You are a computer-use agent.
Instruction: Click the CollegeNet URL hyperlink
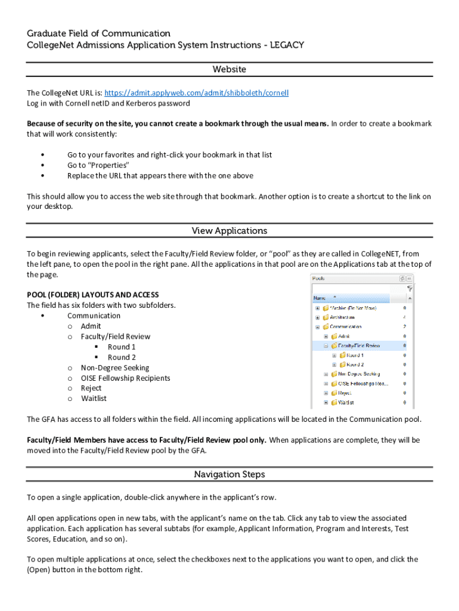point(196,93)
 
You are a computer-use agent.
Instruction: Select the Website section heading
point(229,70)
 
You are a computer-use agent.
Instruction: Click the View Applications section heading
point(229,231)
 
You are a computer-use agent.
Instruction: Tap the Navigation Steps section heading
point(229,475)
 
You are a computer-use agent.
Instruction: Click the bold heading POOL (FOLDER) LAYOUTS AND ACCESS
point(92,295)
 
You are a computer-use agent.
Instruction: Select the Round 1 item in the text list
point(122,347)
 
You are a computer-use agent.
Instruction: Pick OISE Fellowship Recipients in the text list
point(125,378)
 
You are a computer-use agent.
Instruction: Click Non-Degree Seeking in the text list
point(114,368)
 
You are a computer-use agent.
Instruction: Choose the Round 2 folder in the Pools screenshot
point(355,365)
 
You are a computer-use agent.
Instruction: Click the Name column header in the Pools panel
point(321,297)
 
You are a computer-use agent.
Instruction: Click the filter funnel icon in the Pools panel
point(410,288)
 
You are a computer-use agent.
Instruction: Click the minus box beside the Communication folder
point(318,327)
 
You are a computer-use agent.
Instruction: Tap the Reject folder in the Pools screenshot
point(345,393)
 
